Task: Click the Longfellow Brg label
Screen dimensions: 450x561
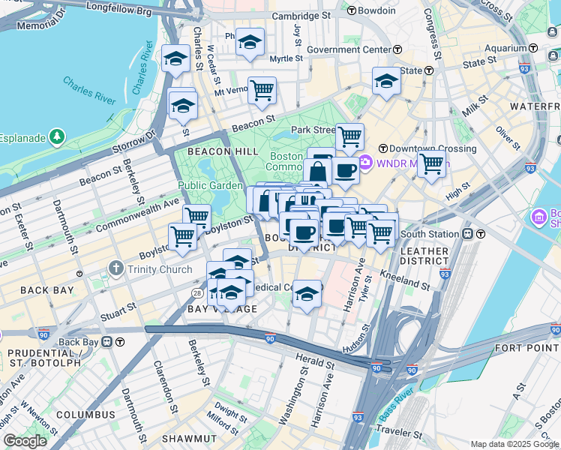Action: [x=119, y=10]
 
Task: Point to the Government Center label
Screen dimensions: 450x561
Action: [x=349, y=49]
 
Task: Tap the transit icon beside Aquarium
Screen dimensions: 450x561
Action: [x=532, y=47]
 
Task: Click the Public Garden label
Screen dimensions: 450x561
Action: [x=210, y=185]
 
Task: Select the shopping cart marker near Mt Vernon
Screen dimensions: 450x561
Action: [x=262, y=91]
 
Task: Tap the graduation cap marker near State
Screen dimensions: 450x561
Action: [x=386, y=80]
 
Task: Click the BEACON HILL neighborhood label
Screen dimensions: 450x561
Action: [x=205, y=151]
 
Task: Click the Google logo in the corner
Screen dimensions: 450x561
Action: [x=25, y=441]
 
